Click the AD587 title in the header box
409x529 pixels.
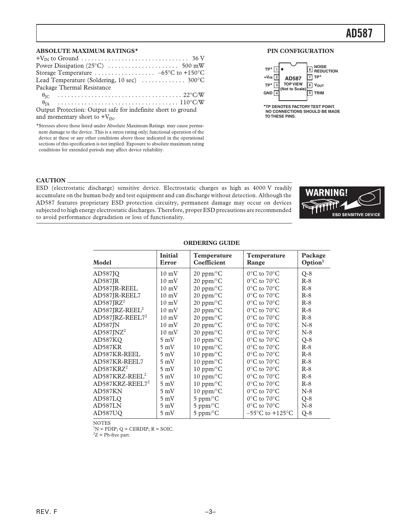(x=359, y=34)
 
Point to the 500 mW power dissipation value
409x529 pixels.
(x=193, y=66)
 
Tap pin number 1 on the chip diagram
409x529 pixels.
(x=276, y=70)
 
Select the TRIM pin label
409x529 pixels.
(x=319, y=93)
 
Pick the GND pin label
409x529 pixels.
(x=268, y=93)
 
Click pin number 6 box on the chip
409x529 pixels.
(x=310, y=85)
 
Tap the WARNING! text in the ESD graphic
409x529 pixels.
(x=326, y=193)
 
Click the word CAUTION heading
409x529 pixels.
(x=51, y=181)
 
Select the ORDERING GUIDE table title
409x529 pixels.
(x=211, y=243)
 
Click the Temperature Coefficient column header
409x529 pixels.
(x=212, y=259)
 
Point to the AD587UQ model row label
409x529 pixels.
(x=107, y=413)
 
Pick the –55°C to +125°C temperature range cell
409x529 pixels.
(x=269, y=413)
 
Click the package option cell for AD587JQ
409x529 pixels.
(x=306, y=274)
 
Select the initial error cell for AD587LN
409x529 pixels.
(x=167, y=406)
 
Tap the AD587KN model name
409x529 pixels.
(x=107, y=391)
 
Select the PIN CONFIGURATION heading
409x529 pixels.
(x=300, y=51)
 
